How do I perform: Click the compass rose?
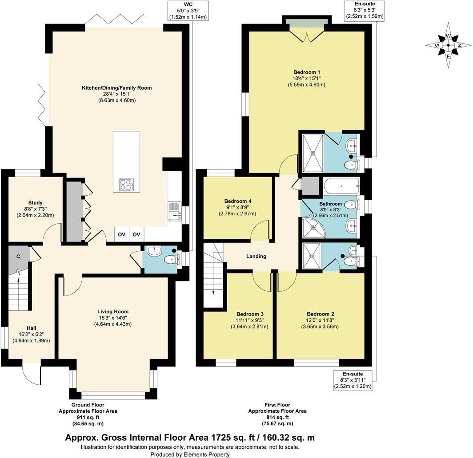pos(449,45)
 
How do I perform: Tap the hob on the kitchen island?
pos(126,185)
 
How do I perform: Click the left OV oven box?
pos(121,234)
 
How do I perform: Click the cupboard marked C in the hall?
pos(18,257)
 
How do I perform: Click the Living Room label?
pos(114,312)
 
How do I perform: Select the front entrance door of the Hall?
pos(32,374)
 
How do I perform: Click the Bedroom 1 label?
pos(307,72)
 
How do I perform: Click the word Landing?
pos(256,256)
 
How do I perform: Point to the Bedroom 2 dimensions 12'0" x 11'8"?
pos(320,320)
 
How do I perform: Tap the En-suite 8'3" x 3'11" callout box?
pos(353,380)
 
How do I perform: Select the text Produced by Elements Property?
pos(190,454)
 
